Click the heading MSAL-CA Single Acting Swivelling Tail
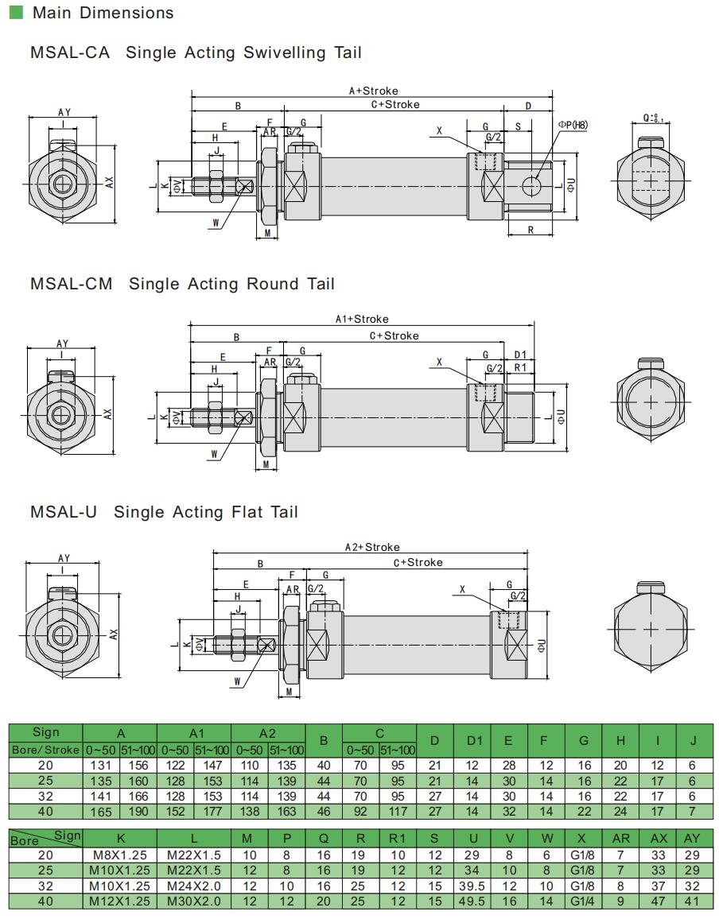click(196, 52)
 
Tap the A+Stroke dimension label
click(373, 91)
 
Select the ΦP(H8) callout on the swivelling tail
click(573, 124)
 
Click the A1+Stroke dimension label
click(362, 319)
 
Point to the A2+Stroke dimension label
click(372, 547)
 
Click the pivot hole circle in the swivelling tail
click(532, 185)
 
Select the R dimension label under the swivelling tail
click(531, 231)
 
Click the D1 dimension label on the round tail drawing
click(520, 355)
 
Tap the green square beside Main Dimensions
click(17, 12)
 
